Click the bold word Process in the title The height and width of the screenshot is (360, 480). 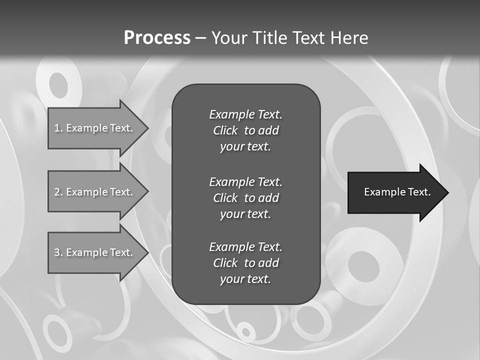tap(157, 38)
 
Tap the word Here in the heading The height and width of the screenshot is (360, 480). tap(349, 38)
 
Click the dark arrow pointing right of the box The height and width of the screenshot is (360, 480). tap(395, 192)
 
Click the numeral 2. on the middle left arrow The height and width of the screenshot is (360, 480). tap(58, 192)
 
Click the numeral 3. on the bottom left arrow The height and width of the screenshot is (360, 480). tap(58, 252)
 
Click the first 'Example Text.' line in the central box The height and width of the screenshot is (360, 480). tap(245, 114)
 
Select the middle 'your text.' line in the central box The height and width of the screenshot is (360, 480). tap(245, 214)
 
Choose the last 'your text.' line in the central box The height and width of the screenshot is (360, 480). tap(245, 279)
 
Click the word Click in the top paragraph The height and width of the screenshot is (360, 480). tap(225, 130)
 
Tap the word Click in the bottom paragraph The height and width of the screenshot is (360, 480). tap(225, 263)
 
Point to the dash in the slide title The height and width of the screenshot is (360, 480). tap(201, 38)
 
